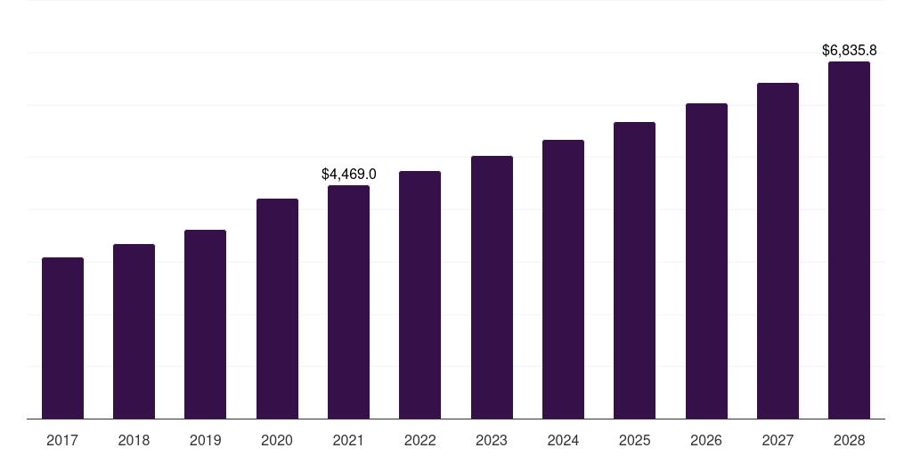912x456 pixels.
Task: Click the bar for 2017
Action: coord(62,338)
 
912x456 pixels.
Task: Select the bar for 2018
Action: coord(134,331)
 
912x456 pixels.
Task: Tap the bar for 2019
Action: coord(205,324)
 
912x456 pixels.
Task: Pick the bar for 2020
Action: coord(277,309)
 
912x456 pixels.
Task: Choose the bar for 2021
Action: coord(348,302)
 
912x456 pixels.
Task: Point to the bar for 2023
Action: coord(492,288)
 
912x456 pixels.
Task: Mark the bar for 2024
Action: coord(563,280)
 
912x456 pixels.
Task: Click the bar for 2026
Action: coord(706,261)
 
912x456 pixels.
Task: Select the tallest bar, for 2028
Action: coord(849,240)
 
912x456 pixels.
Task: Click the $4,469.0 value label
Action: coord(349,175)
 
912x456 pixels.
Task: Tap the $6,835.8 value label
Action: coord(850,51)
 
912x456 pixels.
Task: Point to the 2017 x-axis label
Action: coord(62,441)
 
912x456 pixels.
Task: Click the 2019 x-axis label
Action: coord(205,441)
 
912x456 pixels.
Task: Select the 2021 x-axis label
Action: coord(348,441)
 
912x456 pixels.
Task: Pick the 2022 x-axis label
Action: coord(419,441)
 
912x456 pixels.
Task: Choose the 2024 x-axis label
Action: coord(563,441)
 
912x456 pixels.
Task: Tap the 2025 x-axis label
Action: coord(634,441)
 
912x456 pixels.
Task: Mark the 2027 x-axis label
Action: coord(778,441)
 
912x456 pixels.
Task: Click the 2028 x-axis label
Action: coord(849,441)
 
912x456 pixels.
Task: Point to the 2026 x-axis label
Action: coord(706,441)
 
